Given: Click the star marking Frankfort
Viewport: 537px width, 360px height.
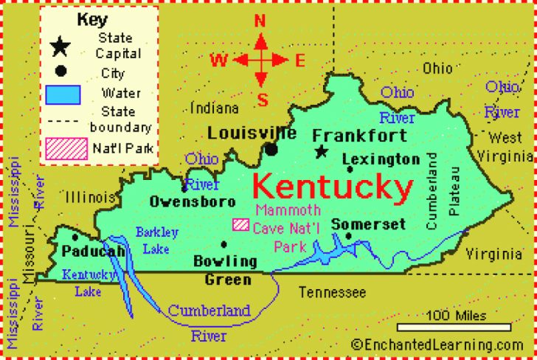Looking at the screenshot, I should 321,151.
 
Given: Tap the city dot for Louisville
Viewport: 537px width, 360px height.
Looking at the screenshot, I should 272,150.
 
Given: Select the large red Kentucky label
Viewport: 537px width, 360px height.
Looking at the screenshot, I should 333,189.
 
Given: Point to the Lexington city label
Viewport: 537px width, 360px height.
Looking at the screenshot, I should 381,159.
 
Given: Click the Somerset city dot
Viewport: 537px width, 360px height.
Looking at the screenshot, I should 349,236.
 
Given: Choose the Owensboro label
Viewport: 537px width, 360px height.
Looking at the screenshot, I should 192,201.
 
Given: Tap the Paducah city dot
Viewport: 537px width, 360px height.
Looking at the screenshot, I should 75,237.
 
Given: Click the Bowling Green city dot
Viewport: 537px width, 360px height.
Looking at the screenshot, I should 223,244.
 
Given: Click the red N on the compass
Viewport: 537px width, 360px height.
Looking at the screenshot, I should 260,21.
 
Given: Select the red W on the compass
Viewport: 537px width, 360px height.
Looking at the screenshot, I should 219,60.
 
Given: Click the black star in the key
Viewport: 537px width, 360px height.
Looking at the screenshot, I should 60,47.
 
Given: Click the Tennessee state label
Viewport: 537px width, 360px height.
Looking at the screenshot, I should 332,293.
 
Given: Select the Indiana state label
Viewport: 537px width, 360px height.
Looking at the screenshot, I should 215,108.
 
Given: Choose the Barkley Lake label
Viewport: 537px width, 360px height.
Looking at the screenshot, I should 156,240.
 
